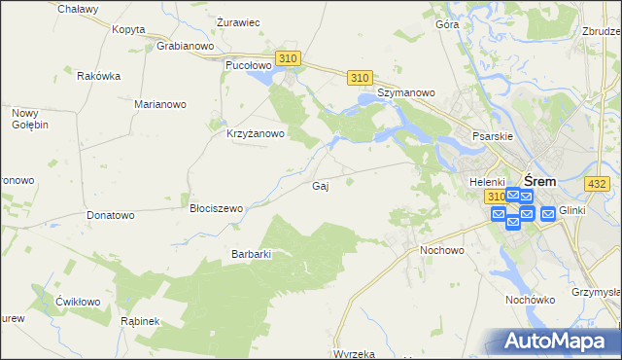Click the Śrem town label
tap(539, 181)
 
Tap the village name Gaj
tap(319, 186)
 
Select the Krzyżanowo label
tap(255, 134)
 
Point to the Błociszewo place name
tap(216, 208)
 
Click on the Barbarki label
tap(250, 254)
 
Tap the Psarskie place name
tap(492, 137)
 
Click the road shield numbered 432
tap(597, 184)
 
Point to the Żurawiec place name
tap(237, 22)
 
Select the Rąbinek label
tap(139, 320)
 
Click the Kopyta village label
tap(128, 29)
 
